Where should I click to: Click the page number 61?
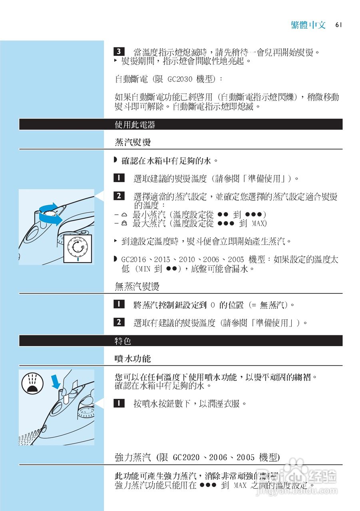(339, 25)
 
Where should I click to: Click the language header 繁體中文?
(308, 25)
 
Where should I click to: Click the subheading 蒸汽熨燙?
(132, 143)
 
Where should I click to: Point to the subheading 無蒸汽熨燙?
(137, 286)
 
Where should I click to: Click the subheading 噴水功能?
(132, 359)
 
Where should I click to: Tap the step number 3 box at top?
(119, 52)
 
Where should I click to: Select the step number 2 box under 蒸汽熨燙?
(119, 196)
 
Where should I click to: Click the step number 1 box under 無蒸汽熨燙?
(119, 305)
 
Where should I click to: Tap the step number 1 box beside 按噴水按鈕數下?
(119, 403)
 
